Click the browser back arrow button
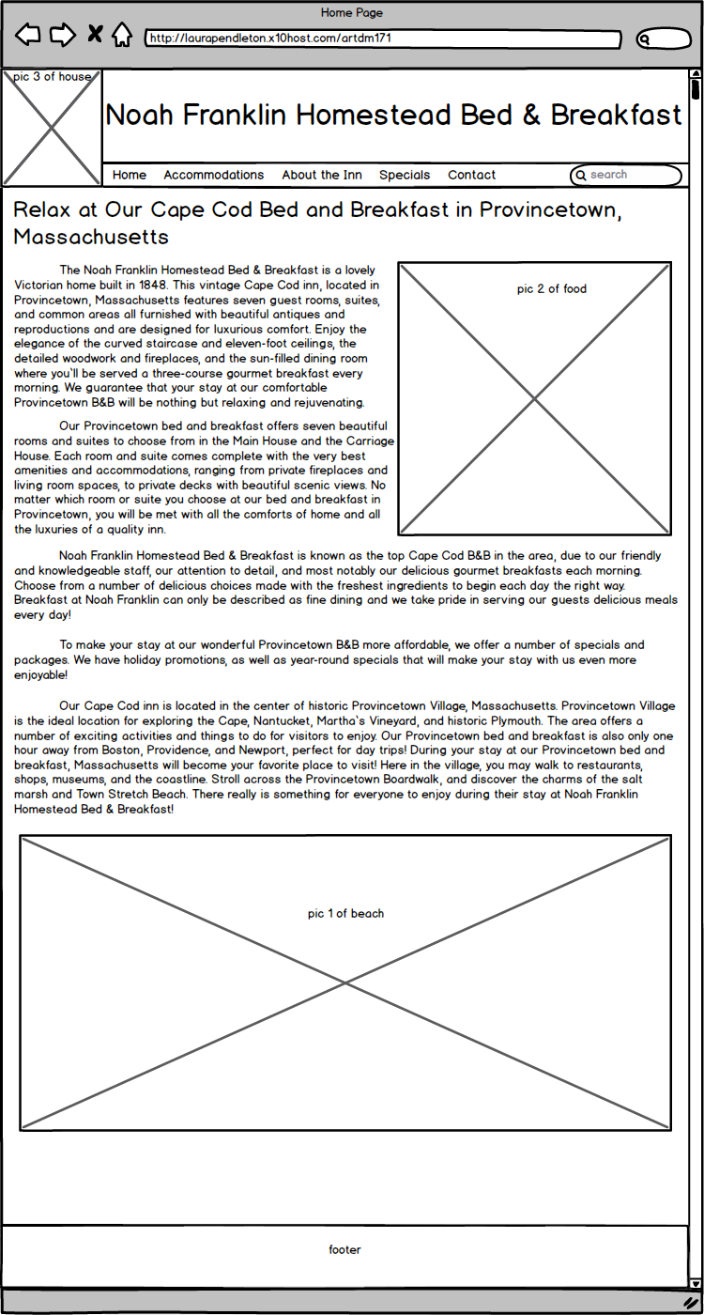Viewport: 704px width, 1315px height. tap(28, 36)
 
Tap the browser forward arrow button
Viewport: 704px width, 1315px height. tap(62, 36)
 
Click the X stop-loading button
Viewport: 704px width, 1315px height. tap(95, 36)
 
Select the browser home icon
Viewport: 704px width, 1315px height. tap(122, 36)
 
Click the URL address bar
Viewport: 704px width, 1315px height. tap(383, 39)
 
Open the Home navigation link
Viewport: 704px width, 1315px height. tap(130, 175)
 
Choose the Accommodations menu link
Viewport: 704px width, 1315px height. tap(214, 175)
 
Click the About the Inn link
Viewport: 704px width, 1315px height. tap(322, 175)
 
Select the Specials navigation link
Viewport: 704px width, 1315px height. tap(405, 175)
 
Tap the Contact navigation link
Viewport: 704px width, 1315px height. tap(472, 175)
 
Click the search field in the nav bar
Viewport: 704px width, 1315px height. tap(627, 175)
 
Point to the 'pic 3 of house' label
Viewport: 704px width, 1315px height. tap(53, 77)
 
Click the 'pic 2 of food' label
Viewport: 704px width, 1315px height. tap(552, 289)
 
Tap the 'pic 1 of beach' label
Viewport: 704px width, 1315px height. tap(345, 914)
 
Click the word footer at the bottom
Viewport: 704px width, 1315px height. tap(344, 1250)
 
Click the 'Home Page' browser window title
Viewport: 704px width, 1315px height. tap(352, 13)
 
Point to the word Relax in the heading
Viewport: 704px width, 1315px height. tap(42, 209)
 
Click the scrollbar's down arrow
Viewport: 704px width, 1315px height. tap(696, 1283)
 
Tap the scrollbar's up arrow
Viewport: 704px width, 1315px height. tap(696, 75)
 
